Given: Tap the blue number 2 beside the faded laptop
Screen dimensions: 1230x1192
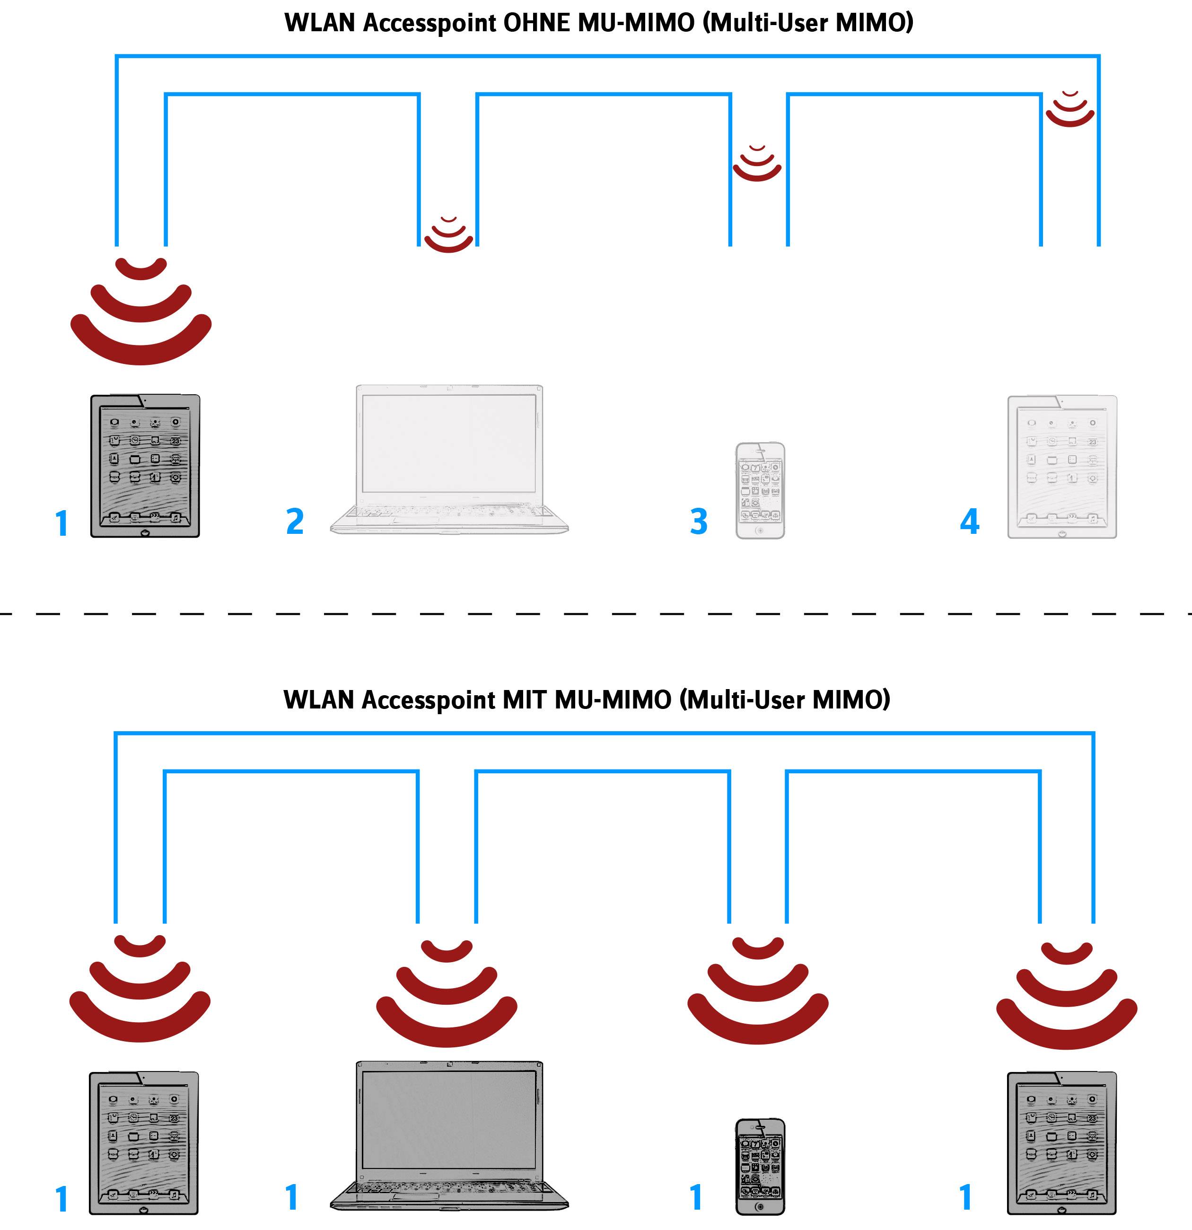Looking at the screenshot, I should pyautogui.click(x=295, y=522).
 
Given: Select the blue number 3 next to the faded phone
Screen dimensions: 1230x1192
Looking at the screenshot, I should pyautogui.click(x=698, y=522).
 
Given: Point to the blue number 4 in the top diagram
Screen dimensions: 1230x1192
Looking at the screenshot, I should pyautogui.click(x=969, y=522).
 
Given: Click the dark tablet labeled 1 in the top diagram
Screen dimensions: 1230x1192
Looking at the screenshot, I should pyautogui.click(x=145, y=466).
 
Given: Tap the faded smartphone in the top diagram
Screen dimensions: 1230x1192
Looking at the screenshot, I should pyautogui.click(x=760, y=490).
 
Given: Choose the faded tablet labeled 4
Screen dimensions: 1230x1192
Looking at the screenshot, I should pyautogui.click(x=1061, y=466).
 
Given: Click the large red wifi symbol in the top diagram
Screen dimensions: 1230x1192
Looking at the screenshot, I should pyautogui.click(x=141, y=314).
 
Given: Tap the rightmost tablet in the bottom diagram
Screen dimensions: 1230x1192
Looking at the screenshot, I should pyautogui.click(x=1061, y=1143).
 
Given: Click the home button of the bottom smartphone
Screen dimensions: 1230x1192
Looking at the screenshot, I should pyautogui.click(x=760, y=1206).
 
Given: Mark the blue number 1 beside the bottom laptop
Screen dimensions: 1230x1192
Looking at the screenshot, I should pyautogui.click(x=291, y=1197).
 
